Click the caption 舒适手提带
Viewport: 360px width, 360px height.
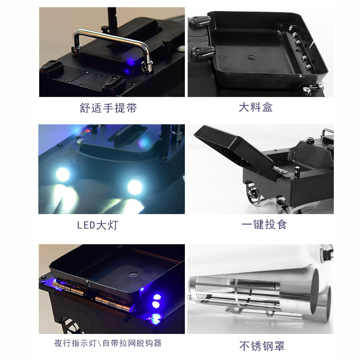[108, 108]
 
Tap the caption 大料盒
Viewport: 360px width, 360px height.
[256, 107]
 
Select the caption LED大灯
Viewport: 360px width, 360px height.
[98, 225]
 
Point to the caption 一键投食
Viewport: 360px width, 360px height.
[264, 224]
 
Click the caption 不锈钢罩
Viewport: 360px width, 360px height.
[262, 346]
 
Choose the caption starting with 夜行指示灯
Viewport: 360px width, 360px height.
[108, 343]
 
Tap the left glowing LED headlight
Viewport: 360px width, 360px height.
[63, 175]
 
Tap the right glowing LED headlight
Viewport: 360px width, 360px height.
[135, 187]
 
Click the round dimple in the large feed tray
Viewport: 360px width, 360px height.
[252, 57]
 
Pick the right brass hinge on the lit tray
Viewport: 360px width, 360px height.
[114, 303]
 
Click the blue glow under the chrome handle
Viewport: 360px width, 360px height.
[130, 63]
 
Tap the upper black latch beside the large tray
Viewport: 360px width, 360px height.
[199, 21]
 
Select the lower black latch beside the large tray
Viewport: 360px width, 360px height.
[202, 53]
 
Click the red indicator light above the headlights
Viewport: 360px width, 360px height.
[87, 131]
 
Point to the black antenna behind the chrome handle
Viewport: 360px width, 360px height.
[112, 18]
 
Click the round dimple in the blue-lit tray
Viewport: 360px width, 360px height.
[133, 274]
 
